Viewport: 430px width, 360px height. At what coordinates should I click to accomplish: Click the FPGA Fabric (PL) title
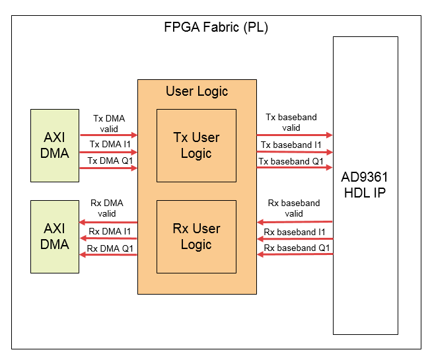(x=215, y=28)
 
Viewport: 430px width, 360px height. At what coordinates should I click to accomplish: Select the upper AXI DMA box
(x=55, y=145)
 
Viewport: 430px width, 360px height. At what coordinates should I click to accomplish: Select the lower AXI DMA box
(x=55, y=236)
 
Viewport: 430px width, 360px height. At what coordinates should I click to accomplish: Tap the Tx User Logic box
(x=196, y=145)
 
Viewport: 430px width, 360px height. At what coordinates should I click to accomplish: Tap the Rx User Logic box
(x=196, y=236)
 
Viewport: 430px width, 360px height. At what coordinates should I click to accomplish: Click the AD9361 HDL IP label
(x=365, y=186)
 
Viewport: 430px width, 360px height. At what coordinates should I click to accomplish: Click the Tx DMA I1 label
(x=109, y=144)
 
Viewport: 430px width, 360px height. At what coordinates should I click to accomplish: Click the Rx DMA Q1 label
(x=109, y=248)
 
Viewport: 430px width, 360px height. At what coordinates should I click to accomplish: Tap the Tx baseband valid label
(x=291, y=122)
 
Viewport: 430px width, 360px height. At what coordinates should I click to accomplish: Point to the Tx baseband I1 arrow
(x=295, y=152)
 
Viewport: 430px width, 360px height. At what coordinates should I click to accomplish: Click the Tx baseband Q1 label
(x=291, y=161)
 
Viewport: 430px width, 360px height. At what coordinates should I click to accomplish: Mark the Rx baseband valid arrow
(x=295, y=222)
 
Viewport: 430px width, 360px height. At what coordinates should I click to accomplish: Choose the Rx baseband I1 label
(x=295, y=232)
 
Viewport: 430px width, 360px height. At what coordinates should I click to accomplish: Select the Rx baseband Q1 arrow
(x=295, y=254)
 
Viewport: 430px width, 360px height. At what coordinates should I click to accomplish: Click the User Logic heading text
(x=196, y=91)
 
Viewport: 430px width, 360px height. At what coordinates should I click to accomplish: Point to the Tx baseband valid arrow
(x=295, y=135)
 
